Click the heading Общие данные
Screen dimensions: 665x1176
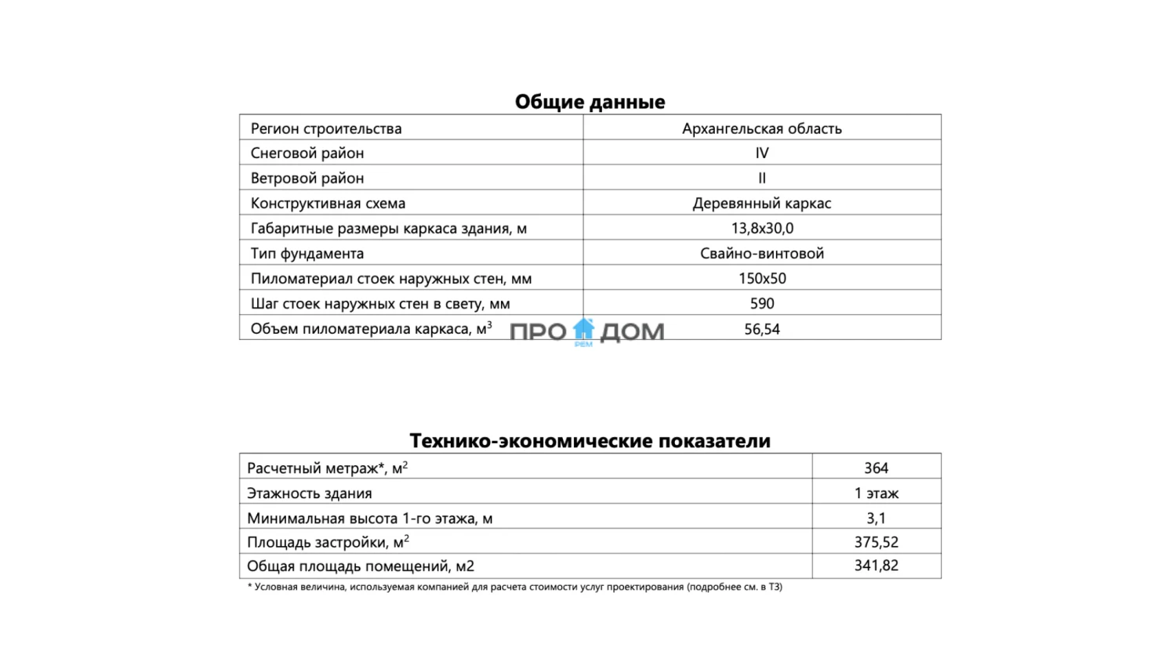(x=590, y=102)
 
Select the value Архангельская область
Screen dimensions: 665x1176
(x=761, y=128)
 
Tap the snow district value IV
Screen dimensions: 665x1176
(x=761, y=154)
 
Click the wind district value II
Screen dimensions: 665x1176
(x=761, y=179)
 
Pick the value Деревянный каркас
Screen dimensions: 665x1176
(x=761, y=204)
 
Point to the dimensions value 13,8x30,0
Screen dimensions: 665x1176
(x=761, y=229)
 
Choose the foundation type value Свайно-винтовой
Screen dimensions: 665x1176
(x=761, y=254)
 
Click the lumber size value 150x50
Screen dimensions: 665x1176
(x=761, y=279)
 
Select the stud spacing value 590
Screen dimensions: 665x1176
(x=761, y=304)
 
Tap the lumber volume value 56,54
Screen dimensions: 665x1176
(x=761, y=330)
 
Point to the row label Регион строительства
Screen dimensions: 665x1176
(x=326, y=128)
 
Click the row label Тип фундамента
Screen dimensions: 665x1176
(x=307, y=254)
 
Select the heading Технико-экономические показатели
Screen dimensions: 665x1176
(x=590, y=441)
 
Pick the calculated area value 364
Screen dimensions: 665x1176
(x=876, y=468)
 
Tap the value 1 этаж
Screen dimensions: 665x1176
(x=876, y=493)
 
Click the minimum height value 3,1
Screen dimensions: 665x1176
(x=876, y=519)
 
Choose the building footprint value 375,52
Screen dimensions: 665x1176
(x=876, y=542)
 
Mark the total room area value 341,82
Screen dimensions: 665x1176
(x=876, y=566)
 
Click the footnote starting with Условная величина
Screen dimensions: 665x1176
(x=514, y=587)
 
